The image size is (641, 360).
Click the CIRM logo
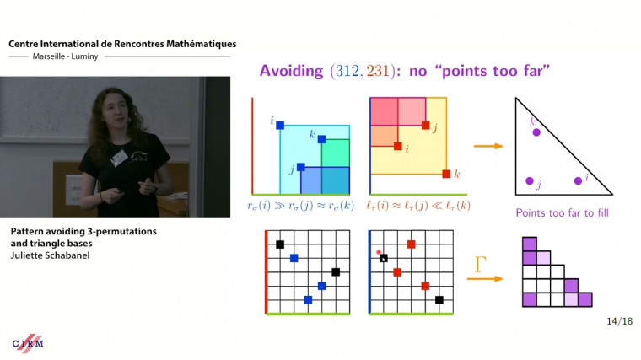click(x=28, y=344)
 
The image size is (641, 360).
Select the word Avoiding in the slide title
click(x=294, y=71)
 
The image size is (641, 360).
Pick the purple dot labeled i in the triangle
click(x=579, y=180)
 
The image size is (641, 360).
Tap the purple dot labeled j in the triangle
click(x=530, y=181)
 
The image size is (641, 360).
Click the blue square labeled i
click(x=280, y=126)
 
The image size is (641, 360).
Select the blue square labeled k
click(x=321, y=139)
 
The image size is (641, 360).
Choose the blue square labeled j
click(x=300, y=167)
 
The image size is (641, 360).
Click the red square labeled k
click(x=446, y=175)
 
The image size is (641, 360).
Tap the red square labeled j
click(x=425, y=126)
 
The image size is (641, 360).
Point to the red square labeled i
click(x=397, y=146)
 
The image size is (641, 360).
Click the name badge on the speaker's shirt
click(x=120, y=157)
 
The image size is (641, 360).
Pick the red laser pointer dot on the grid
click(x=380, y=253)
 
